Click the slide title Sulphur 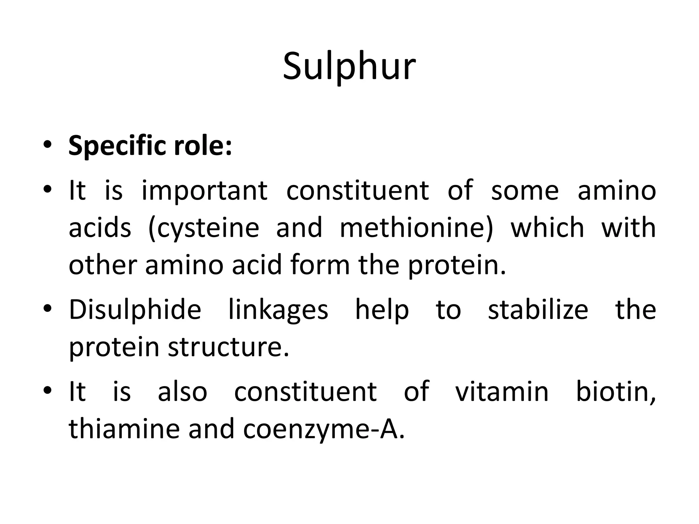pos(349,66)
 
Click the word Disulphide pos(135,310)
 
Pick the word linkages pos(278,310)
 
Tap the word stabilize pos(538,310)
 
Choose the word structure pos(228,347)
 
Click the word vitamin pos(502,392)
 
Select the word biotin pos(615,392)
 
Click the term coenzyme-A pos(324,429)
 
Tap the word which pos(547,228)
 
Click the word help pos(382,310)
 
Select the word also pos(182,392)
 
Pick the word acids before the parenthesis pos(100,228)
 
